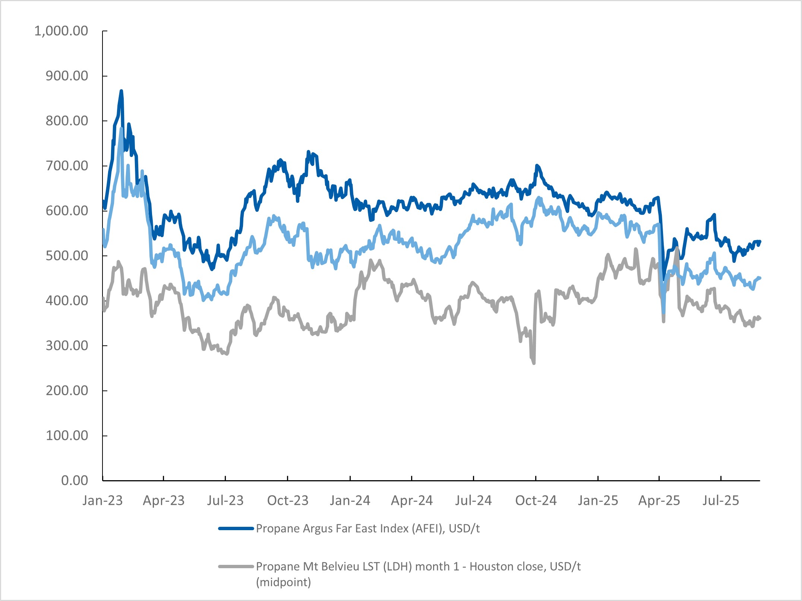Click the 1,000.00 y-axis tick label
[x=61, y=31]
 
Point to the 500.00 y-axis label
[x=67, y=256]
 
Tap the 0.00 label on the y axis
[x=75, y=481]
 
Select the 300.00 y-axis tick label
[x=67, y=346]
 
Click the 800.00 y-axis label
[x=67, y=121]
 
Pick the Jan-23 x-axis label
[x=102, y=500]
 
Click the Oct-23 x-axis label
[x=288, y=500]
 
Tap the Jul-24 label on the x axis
[x=473, y=500]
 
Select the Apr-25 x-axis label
[x=659, y=500]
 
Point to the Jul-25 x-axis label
[x=721, y=500]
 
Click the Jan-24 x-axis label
[x=350, y=500]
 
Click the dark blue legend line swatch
[x=236, y=528]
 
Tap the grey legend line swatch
[x=236, y=567]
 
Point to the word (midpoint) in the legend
[x=283, y=582]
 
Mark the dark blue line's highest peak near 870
[x=121, y=91]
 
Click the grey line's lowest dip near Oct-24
[x=534, y=363]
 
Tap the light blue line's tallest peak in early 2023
[x=121, y=129]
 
